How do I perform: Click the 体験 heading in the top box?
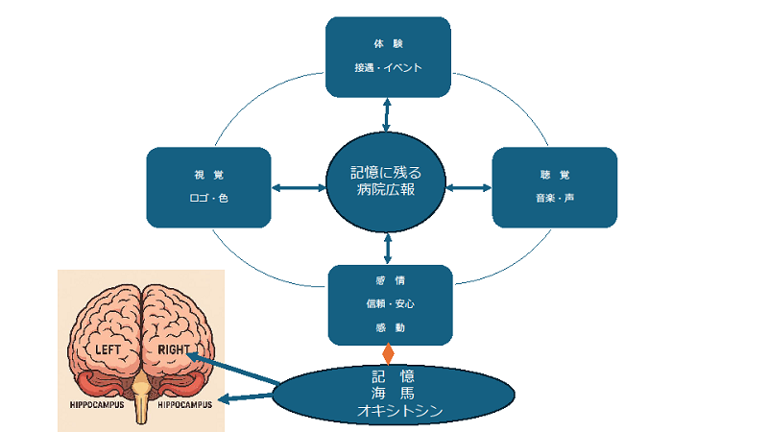pos(388,44)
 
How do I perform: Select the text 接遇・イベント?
pos(388,68)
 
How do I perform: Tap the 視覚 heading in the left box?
pos(208,176)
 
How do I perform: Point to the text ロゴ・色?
pos(208,199)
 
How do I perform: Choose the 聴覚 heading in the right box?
pos(554,176)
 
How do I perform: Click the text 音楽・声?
pos(554,199)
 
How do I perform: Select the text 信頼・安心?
pos(389,303)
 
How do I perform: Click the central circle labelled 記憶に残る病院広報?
pos(387,181)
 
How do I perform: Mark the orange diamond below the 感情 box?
pos(388,352)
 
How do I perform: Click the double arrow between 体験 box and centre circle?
pos(387,114)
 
